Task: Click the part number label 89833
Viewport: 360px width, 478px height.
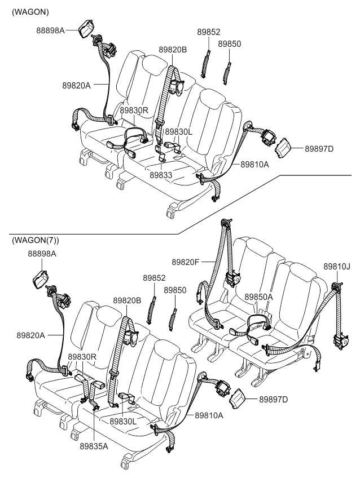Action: pyautogui.click(x=161, y=175)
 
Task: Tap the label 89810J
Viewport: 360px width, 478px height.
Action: pyautogui.click(x=337, y=265)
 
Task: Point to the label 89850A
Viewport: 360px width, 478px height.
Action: pyautogui.click(x=258, y=296)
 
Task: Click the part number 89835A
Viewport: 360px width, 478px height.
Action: pyautogui.click(x=94, y=445)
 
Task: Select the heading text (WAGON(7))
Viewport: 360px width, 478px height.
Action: pyautogui.click(x=35, y=240)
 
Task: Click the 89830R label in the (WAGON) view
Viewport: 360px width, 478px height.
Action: pyautogui.click(x=134, y=110)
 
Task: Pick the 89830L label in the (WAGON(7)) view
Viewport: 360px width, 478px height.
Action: pyautogui.click(x=124, y=421)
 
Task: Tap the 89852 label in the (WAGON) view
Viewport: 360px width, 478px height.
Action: pyautogui.click(x=208, y=32)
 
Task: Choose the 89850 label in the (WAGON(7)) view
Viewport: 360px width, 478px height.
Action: pyautogui.click(x=175, y=290)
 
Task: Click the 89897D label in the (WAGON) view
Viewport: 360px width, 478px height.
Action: pyautogui.click(x=319, y=149)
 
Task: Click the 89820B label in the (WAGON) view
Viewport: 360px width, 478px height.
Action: pyautogui.click(x=173, y=50)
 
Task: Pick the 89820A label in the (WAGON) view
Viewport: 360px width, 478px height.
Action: pyautogui.click(x=77, y=85)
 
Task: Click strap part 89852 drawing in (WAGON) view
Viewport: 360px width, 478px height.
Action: pyautogui.click(x=207, y=63)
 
